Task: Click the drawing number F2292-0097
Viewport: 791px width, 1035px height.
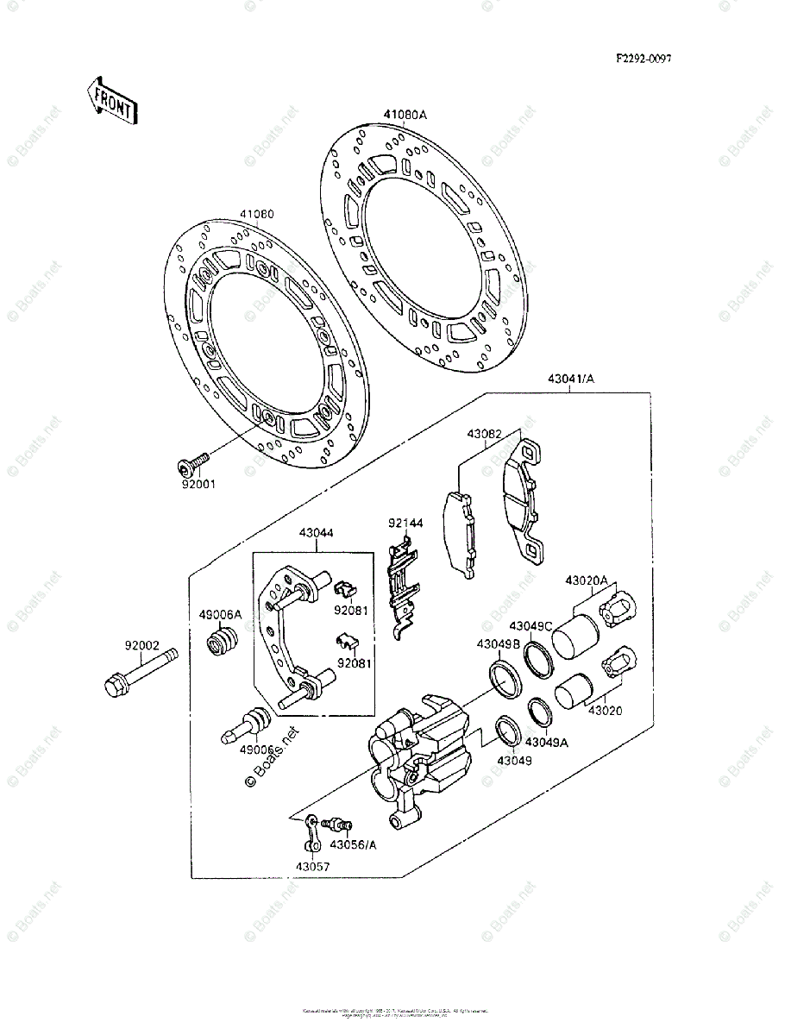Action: click(x=643, y=60)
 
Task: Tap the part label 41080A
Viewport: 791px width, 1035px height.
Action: click(x=405, y=115)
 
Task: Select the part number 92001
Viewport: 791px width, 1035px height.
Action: click(x=198, y=484)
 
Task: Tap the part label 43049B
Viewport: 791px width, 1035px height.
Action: click(x=497, y=643)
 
